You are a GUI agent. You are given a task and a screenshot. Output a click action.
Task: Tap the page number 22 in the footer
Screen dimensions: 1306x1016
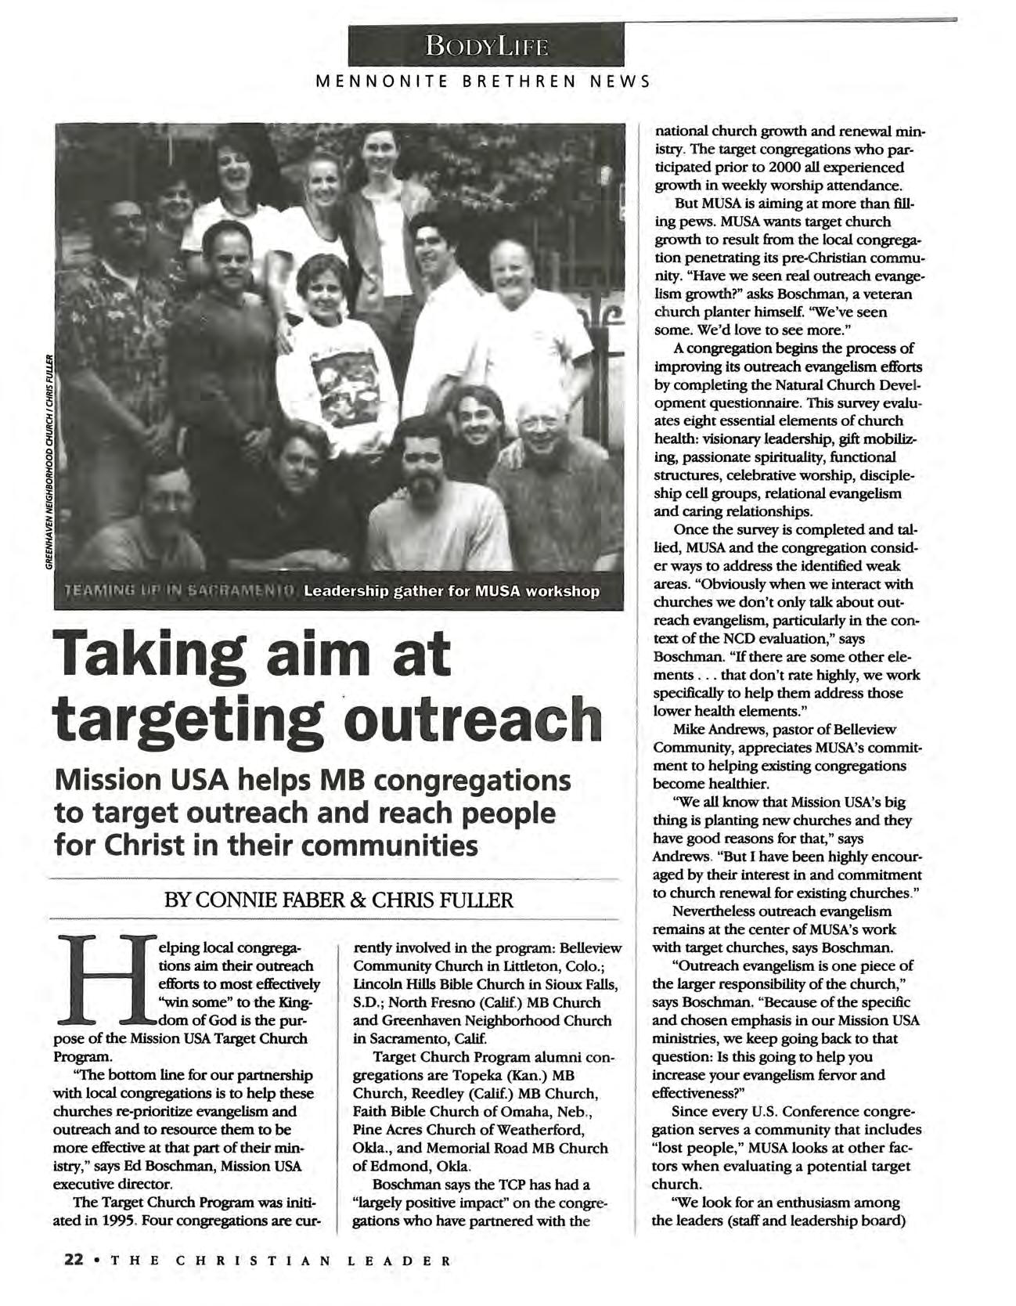(74, 1260)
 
